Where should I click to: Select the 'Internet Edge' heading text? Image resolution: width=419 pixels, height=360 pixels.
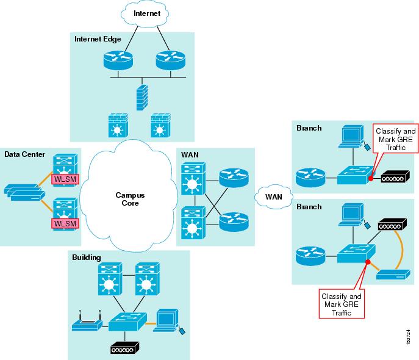[x=98, y=39]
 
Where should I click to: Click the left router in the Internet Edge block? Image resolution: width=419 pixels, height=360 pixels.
[x=116, y=60]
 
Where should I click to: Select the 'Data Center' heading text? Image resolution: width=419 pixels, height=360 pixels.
[x=24, y=154]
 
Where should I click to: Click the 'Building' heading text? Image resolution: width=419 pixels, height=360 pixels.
[x=87, y=257]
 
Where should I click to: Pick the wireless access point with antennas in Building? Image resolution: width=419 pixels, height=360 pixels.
[x=85, y=323]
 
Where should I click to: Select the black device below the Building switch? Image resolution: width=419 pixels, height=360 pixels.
[x=124, y=348]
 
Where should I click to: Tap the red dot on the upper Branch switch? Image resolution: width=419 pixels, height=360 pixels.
[x=370, y=179]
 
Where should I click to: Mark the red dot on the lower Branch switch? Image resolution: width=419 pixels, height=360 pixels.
[x=367, y=263]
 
